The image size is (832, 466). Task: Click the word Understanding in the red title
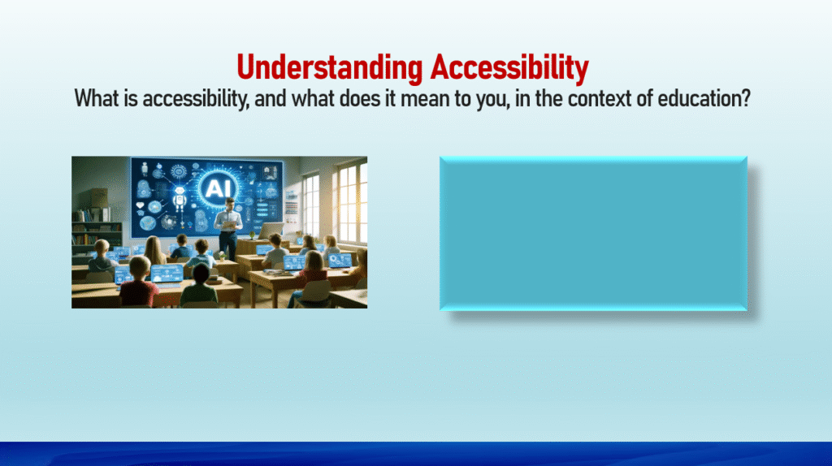[x=330, y=69]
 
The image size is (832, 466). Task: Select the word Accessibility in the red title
[x=509, y=68]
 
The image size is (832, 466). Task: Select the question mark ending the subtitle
[x=746, y=99]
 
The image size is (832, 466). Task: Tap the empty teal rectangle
[x=593, y=233]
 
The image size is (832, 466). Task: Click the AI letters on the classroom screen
[x=216, y=187]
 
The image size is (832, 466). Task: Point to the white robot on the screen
[x=180, y=200]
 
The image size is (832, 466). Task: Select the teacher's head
[x=229, y=203]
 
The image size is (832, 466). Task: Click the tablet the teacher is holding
[x=229, y=225]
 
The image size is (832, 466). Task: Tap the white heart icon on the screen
[x=140, y=205]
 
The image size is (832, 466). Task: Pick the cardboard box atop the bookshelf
[x=98, y=198]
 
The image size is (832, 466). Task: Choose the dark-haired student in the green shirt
[x=200, y=287]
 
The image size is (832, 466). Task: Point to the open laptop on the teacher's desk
[x=270, y=231]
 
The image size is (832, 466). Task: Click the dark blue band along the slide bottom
[x=416, y=454]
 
